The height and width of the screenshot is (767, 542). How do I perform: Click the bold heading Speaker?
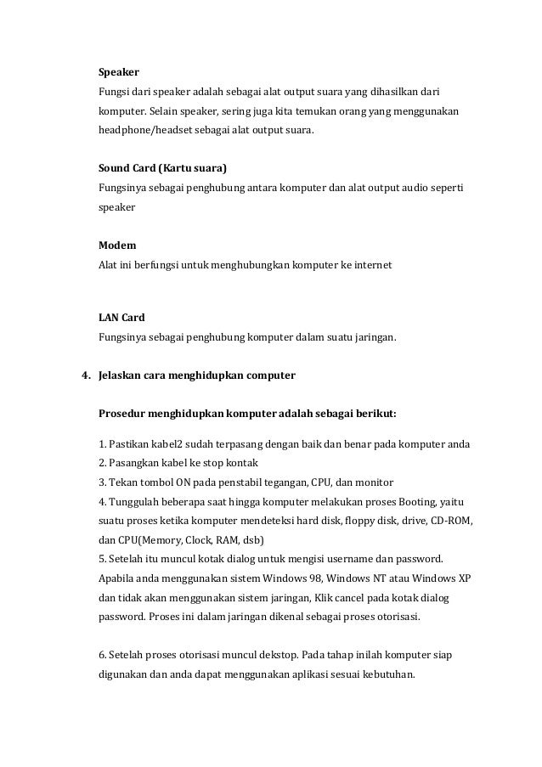[119, 72]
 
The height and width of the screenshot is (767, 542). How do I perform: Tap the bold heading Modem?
[117, 246]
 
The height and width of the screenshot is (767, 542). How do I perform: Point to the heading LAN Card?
[121, 319]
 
